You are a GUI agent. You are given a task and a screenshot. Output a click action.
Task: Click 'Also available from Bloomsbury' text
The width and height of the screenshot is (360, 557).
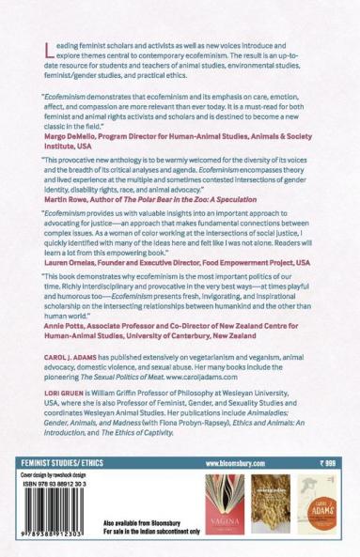click(142, 522)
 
